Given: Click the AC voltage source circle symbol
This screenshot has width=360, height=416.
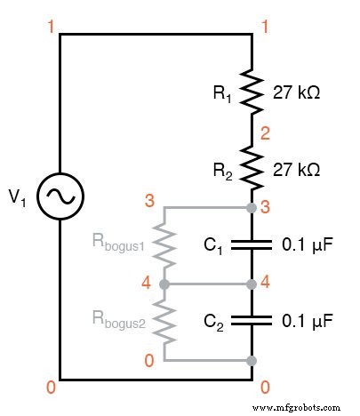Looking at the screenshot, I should click(60, 191).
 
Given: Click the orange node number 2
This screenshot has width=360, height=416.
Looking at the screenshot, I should click(265, 134).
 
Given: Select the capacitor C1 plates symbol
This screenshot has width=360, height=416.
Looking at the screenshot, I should click(252, 245).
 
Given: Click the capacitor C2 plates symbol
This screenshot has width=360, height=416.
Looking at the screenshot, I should click(252, 318).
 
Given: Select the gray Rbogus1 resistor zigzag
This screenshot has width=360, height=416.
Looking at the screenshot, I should click(164, 245).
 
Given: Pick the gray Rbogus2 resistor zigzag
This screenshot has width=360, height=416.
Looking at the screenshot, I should click(164, 320).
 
